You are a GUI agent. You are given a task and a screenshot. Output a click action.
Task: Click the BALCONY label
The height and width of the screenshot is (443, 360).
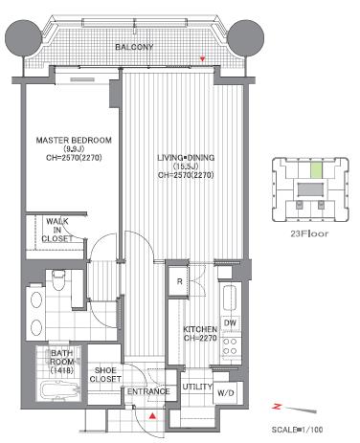tap(134, 47)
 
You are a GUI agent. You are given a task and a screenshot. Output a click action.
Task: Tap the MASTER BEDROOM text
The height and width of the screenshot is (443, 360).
tap(74, 140)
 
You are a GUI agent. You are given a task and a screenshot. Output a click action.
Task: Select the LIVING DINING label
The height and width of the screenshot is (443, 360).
tap(186, 158)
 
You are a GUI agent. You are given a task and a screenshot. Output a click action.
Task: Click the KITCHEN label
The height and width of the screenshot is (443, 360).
tap(200, 329)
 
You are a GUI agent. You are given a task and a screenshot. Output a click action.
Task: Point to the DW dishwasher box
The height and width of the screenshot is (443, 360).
tap(230, 323)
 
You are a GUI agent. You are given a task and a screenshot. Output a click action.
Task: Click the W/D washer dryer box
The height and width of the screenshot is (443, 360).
tap(226, 393)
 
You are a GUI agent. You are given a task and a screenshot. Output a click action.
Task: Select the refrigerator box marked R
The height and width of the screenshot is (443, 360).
tap(179, 281)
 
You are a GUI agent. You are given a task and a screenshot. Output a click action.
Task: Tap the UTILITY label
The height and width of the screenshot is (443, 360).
tap(197, 387)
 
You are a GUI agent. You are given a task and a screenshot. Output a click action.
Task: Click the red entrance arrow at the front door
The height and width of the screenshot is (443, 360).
tap(153, 415)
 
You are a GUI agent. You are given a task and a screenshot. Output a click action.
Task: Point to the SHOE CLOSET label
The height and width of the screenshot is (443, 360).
tap(105, 375)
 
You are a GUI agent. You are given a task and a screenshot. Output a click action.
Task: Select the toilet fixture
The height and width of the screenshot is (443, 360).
tap(58, 279)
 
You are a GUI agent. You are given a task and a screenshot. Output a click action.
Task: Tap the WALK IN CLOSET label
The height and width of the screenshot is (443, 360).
tap(57, 230)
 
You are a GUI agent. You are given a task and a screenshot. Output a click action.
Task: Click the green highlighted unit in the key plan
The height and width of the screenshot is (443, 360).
tap(316, 170)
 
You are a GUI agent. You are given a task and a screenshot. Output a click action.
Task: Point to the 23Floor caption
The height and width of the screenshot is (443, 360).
tap(309, 233)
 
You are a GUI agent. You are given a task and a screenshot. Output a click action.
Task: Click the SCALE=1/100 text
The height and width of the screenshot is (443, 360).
tap(297, 430)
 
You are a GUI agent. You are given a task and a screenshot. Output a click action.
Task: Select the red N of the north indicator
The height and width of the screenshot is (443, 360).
tap(277, 407)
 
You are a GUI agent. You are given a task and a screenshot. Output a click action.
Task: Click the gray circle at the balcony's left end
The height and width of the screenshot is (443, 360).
tap(23, 38)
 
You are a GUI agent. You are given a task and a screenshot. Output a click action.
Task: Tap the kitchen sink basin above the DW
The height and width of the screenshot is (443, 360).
tap(230, 298)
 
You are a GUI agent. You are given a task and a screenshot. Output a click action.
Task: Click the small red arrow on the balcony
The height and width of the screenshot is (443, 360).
tap(202, 58)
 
